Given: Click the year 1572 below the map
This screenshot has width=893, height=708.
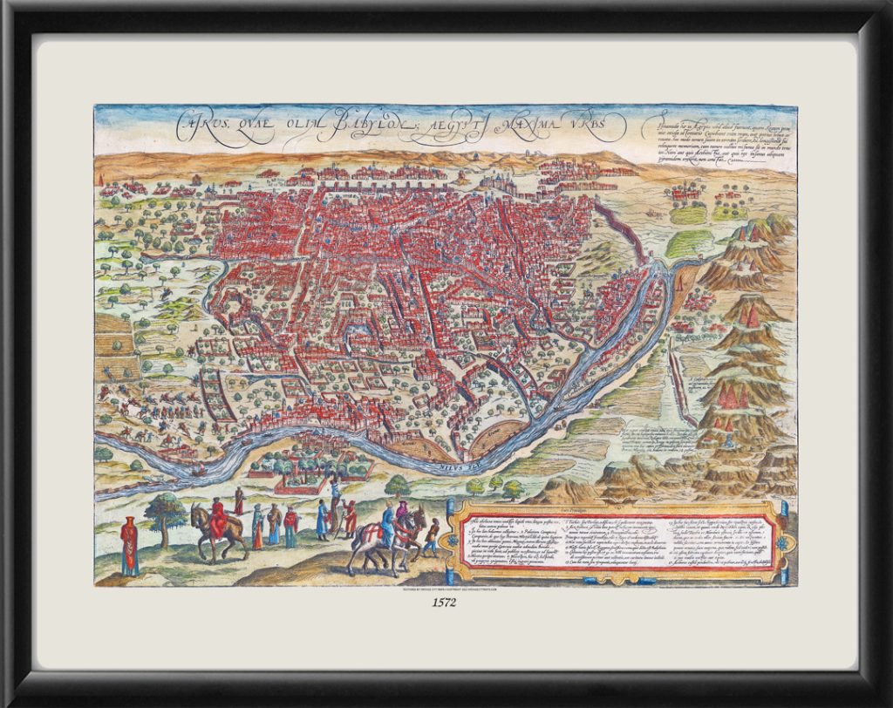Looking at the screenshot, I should pos(446,602).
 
